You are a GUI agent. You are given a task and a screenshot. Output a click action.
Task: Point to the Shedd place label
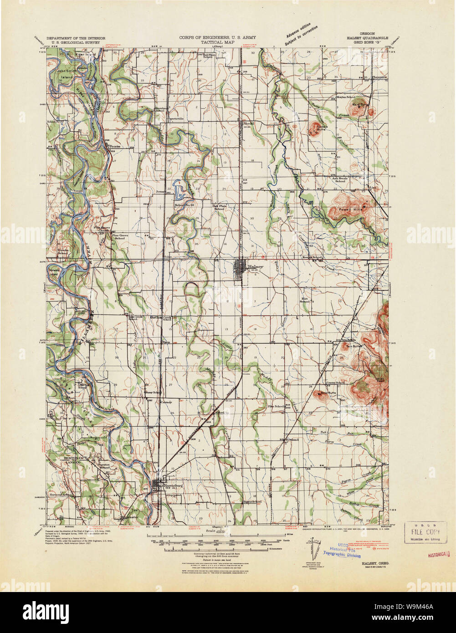point(248,123)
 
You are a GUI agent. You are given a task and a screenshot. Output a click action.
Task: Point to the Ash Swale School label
point(340,179)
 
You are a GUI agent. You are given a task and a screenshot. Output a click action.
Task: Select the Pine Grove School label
point(119,236)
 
